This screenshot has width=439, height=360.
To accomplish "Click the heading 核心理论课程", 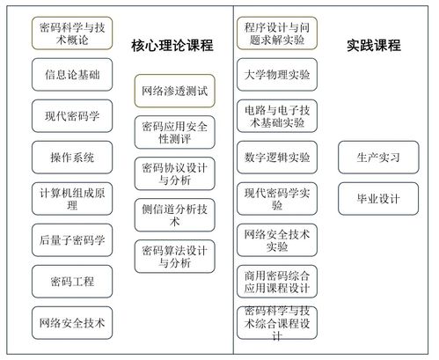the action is tap(172, 46).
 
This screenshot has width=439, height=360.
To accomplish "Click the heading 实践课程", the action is tap(374, 46).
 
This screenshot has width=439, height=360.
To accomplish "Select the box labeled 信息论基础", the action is tap(72, 75).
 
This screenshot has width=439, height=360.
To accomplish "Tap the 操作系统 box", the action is tap(72, 158).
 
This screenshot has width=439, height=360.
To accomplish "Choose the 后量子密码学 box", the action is tap(72, 240).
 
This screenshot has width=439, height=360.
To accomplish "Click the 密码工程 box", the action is tap(72, 282).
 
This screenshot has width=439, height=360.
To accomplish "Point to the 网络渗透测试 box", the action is tap(175, 91).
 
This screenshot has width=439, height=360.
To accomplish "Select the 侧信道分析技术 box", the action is tap(175, 215).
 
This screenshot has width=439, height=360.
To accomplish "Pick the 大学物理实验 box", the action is tap(277, 75).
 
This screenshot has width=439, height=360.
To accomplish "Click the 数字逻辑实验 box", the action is tap(277, 158).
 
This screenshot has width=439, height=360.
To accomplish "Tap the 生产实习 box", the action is tap(378, 158).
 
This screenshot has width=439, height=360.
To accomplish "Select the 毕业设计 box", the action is tap(378, 199).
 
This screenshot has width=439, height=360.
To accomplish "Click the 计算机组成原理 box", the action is tap(72, 199).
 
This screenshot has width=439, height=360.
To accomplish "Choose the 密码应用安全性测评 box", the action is tap(175, 132).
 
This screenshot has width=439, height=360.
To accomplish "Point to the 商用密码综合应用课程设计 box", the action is tap(277, 282).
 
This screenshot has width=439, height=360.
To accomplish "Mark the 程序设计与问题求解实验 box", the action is tap(277, 33).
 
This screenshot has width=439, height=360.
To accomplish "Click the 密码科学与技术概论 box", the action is tap(72, 33).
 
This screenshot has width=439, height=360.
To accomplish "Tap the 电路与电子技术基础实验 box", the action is tap(277, 116).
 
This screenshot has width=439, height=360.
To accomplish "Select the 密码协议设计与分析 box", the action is tap(175, 173).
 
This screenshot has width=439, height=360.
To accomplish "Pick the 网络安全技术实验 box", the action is tap(277, 240).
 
